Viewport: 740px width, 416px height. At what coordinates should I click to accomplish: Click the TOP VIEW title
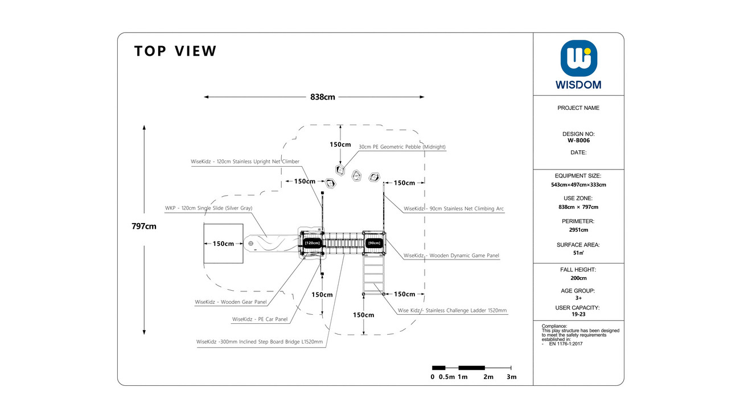175,51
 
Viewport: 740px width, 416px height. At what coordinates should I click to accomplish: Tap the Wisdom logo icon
578,58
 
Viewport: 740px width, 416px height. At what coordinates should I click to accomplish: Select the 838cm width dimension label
322,97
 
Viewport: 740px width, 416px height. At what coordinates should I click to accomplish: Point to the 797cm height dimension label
143,226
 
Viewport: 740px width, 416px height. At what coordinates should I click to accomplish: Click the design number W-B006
578,141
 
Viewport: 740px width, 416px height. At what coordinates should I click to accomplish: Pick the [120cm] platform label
312,243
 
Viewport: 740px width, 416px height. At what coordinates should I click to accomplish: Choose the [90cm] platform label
374,243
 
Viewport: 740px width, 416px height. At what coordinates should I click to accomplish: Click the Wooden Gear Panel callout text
231,302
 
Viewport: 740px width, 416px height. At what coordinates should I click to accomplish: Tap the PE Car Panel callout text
260,319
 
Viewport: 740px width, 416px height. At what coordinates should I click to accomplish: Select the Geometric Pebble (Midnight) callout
402,147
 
